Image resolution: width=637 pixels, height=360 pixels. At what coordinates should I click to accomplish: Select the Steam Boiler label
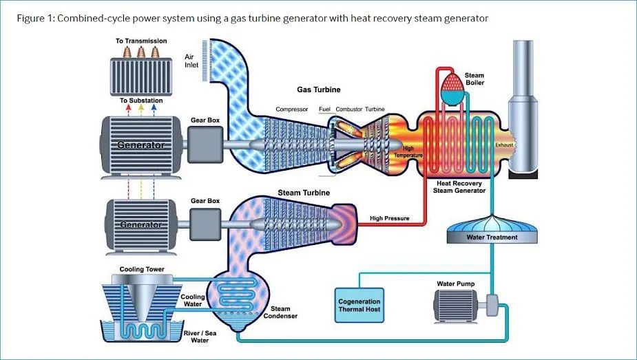click(474, 78)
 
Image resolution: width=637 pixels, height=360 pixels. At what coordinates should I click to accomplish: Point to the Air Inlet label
click(192, 61)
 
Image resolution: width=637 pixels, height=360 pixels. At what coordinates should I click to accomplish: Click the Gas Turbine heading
click(318, 90)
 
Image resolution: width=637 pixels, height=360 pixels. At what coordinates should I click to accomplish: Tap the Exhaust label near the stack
click(504, 145)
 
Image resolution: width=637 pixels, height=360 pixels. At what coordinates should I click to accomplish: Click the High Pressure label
click(390, 219)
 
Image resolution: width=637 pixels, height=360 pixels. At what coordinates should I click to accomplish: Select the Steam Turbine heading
click(300, 193)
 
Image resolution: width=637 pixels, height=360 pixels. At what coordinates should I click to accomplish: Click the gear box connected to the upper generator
click(205, 145)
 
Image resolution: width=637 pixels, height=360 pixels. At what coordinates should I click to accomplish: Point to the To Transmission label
click(141, 41)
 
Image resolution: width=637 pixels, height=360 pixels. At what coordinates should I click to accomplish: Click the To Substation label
click(141, 100)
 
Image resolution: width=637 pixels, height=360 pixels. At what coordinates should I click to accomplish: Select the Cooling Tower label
click(142, 269)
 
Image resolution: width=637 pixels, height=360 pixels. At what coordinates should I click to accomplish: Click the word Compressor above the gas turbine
click(292, 109)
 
